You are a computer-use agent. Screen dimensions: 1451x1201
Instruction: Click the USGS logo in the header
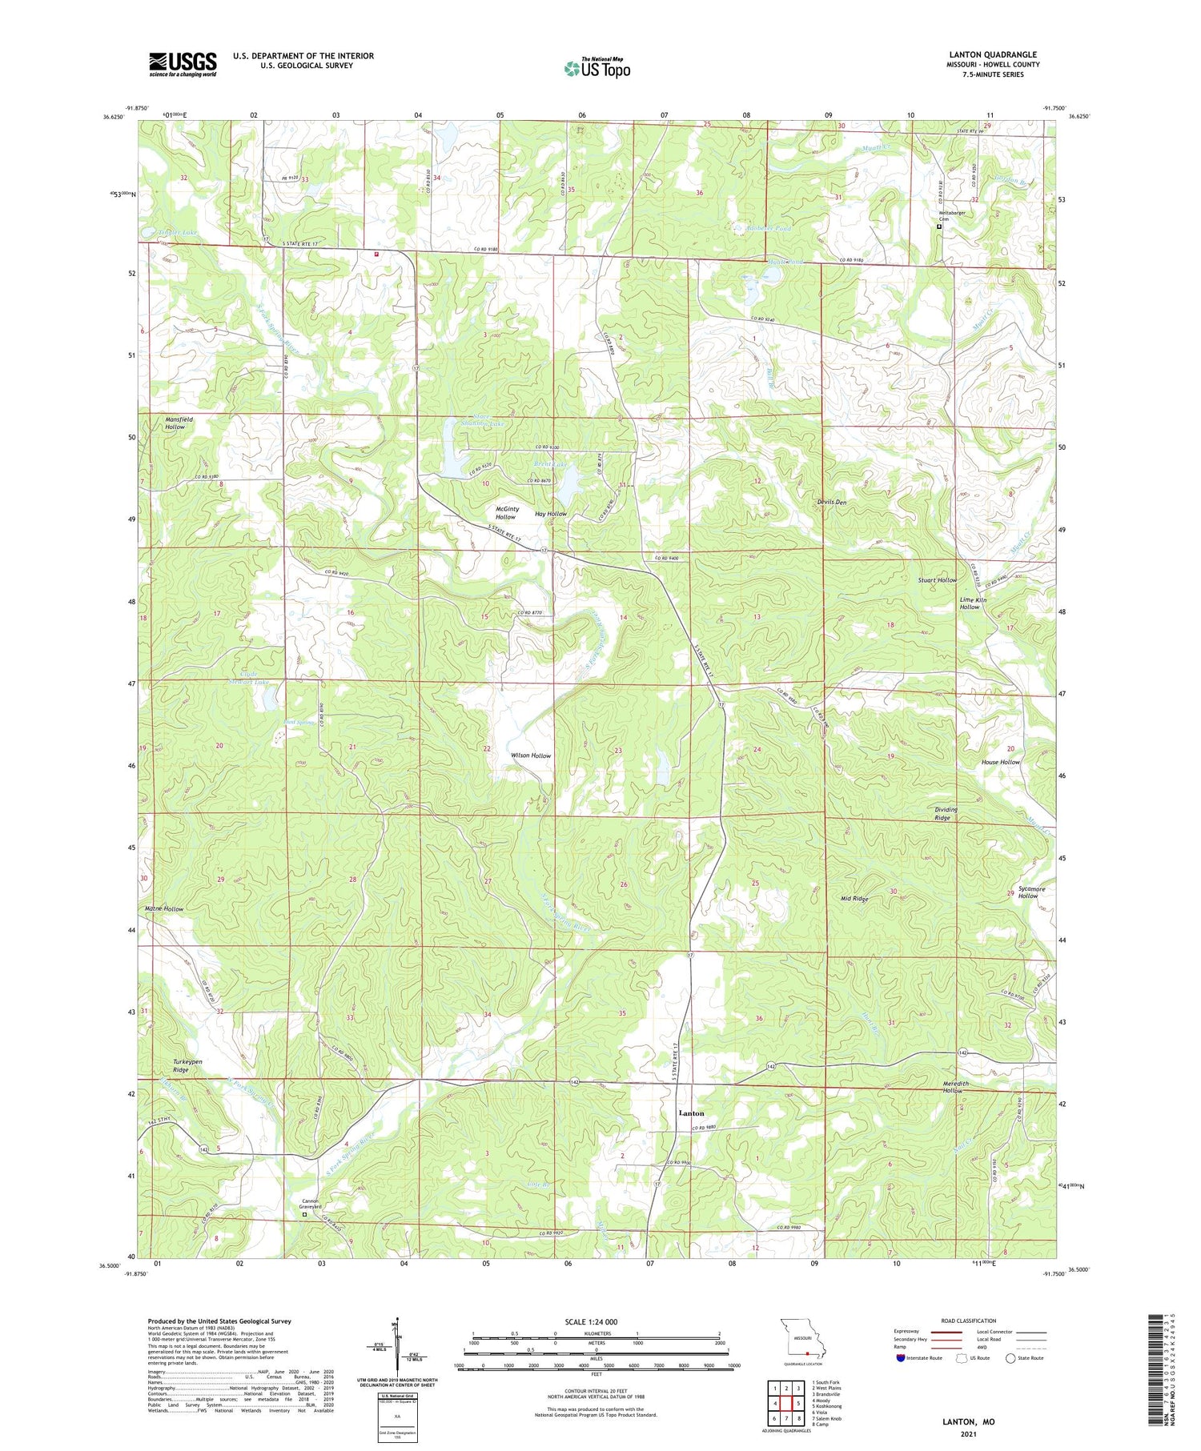point(183,64)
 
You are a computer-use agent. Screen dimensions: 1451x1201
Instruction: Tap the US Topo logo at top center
point(596,68)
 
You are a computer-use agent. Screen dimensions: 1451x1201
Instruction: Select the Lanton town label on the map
point(691,1113)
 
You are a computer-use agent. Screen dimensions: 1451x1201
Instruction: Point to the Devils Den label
point(831,502)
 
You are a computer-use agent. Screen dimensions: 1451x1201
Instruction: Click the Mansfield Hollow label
point(175,423)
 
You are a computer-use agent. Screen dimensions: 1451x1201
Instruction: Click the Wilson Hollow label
point(531,756)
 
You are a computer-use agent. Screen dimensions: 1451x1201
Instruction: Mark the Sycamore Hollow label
point(1027,892)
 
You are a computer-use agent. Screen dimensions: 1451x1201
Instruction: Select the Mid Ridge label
point(854,899)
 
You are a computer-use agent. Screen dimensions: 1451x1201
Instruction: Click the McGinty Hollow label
point(507,512)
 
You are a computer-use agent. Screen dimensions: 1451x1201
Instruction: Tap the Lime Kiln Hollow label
point(973,603)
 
